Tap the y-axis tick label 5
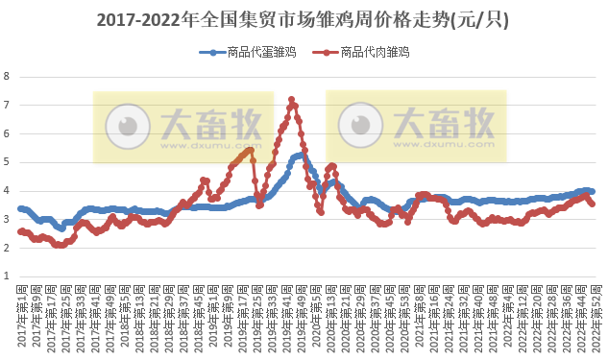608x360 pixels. [x=7, y=162]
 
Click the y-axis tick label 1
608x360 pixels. [x=7, y=276]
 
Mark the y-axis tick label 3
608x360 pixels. [x=7, y=219]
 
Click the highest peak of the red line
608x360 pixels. [x=291, y=99]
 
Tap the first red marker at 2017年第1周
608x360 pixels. [x=21, y=231]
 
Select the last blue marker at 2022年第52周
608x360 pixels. [x=592, y=192]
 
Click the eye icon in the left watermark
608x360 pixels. [x=125, y=126]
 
